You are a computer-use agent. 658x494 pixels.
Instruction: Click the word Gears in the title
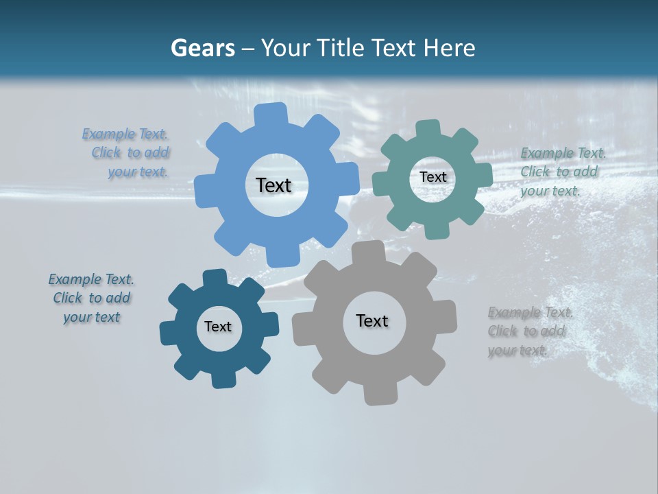[202, 48]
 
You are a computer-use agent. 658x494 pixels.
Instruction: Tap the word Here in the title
[449, 48]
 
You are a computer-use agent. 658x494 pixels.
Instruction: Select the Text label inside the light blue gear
[273, 185]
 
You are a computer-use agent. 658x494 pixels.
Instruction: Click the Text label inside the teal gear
[432, 177]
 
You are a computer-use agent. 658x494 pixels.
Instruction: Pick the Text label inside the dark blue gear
[218, 327]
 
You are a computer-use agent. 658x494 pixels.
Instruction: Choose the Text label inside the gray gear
[372, 320]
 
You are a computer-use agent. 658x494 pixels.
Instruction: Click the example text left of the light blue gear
[129, 153]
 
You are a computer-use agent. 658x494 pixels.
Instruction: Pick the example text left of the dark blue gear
[91, 298]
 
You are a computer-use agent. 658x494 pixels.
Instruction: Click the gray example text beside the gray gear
[528, 331]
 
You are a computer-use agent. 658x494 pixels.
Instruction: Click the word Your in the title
[287, 48]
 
